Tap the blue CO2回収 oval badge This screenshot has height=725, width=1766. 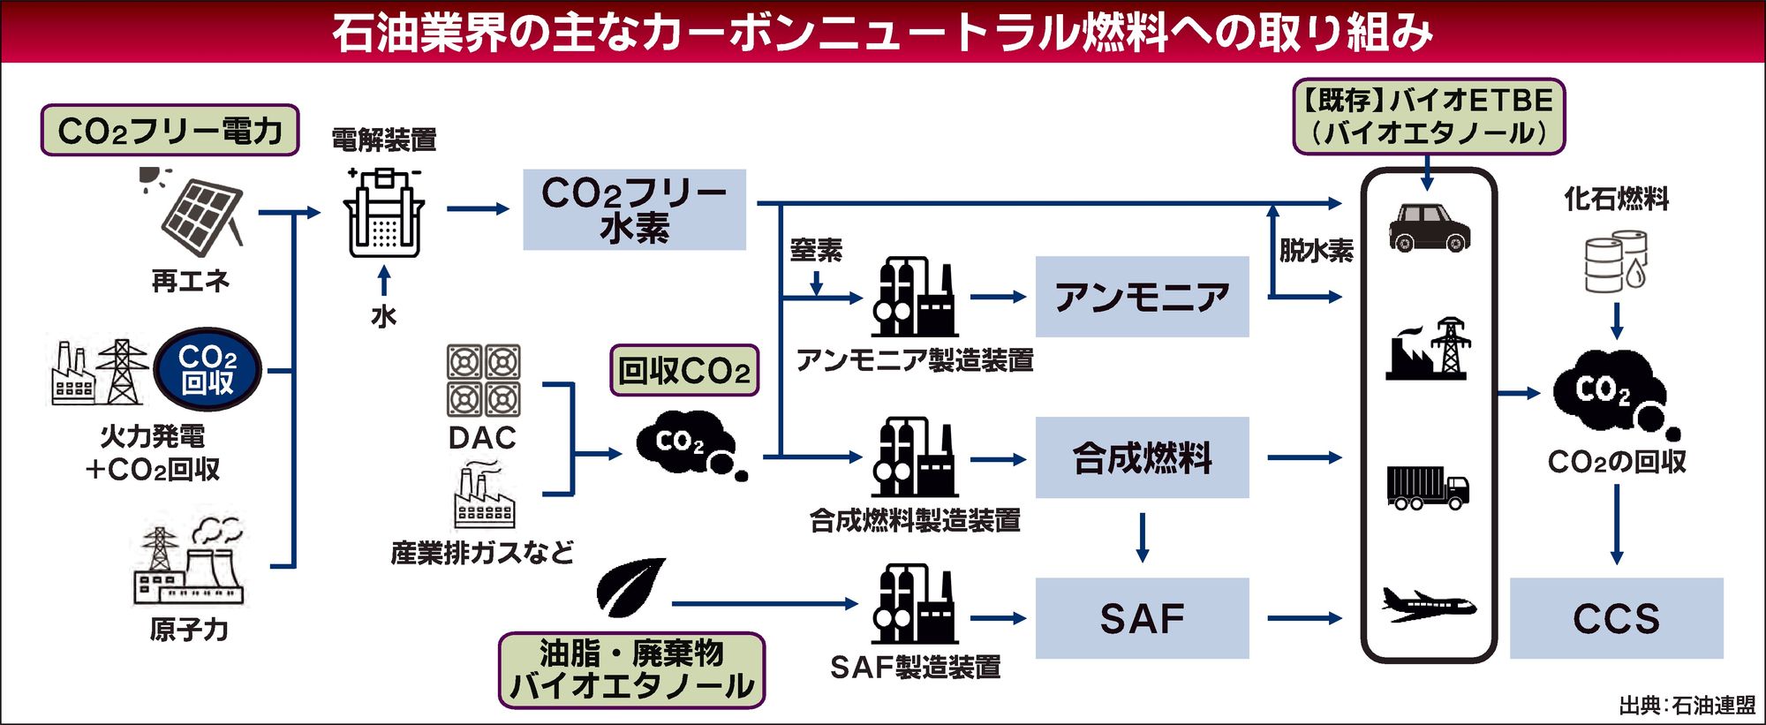coord(208,370)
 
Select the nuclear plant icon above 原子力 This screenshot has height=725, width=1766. coord(188,565)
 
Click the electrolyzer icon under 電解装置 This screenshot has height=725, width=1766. coord(383,212)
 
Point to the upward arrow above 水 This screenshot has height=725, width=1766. coord(383,281)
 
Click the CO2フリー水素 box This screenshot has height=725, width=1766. coord(634,209)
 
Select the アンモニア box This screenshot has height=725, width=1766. coord(1142,297)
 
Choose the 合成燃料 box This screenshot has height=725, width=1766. coord(1142,457)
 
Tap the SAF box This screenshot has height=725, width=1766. coord(1142,618)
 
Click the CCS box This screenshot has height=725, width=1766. coord(1616,618)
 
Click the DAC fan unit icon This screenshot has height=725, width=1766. coord(483,381)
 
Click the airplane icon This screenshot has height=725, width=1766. coord(1428,605)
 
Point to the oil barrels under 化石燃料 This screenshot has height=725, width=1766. coord(1615,262)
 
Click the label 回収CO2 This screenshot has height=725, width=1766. coord(684,371)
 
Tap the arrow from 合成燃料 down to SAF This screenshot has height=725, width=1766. coord(1143,537)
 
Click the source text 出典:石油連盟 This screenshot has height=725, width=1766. coord(1687,706)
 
